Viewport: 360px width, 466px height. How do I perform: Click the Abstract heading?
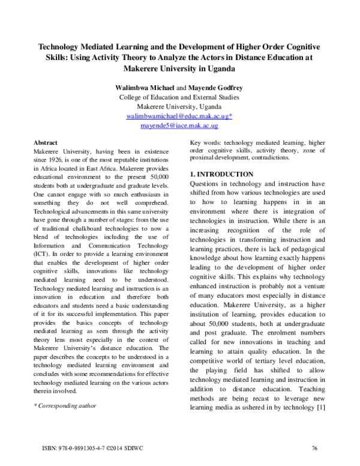pyautogui.click(x=46, y=142)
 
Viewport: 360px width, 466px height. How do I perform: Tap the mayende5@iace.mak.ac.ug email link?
pyautogui.click(x=179, y=126)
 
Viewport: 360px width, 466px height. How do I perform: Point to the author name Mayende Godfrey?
pyautogui.click(x=213, y=88)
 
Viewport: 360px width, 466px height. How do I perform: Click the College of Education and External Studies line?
pyautogui.click(x=179, y=97)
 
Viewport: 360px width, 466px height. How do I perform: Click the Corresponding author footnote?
pyautogui.click(x=64, y=405)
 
